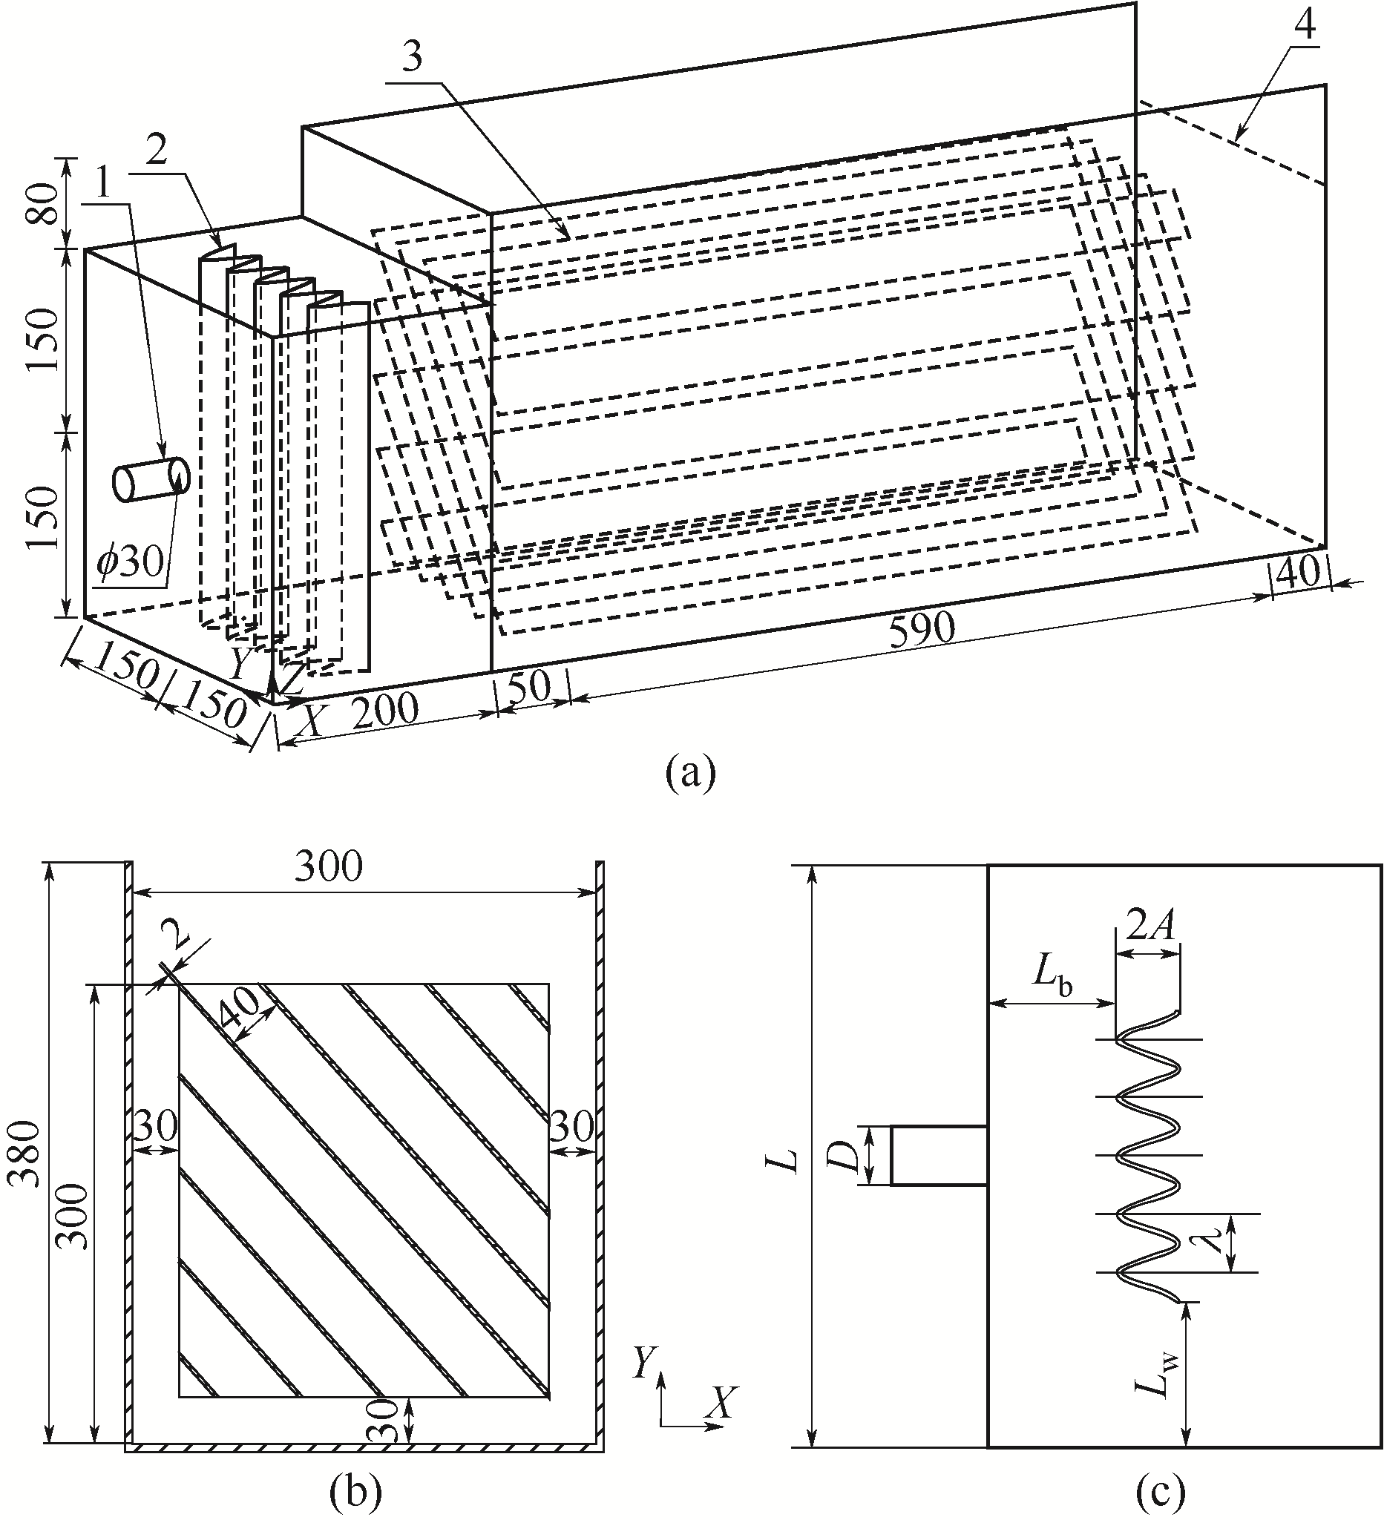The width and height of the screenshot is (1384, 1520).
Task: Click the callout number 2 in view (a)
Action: [156, 156]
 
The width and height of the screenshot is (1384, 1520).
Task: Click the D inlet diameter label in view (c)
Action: [846, 1154]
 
